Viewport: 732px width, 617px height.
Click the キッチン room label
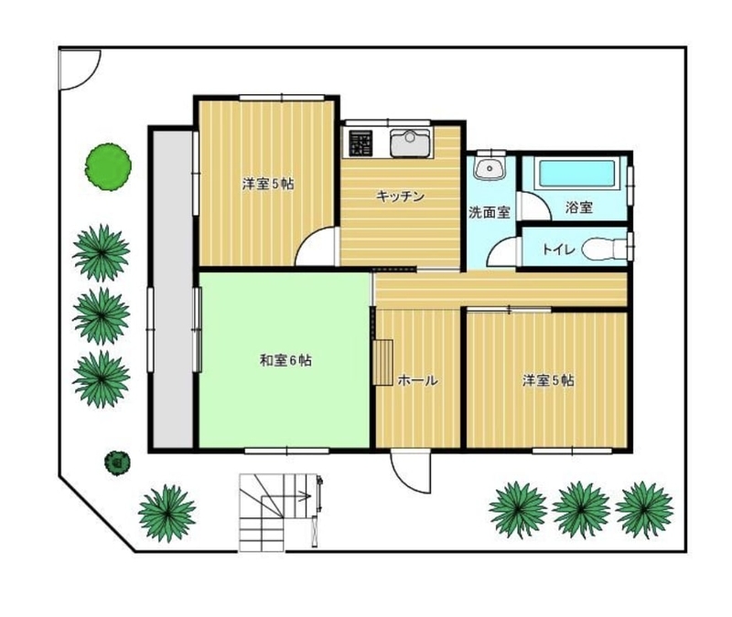click(400, 197)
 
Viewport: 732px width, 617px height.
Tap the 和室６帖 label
click(285, 360)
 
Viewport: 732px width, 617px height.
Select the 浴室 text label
click(579, 207)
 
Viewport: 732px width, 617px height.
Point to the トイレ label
click(558, 250)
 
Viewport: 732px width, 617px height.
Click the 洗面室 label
click(489, 213)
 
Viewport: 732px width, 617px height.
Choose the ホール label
click(417, 380)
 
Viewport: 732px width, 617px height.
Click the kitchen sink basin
click(410, 144)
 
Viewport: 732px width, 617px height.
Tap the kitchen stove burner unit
click(361, 144)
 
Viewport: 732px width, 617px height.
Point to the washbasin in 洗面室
click(490, 167)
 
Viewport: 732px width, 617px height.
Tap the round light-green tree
click(108, 167)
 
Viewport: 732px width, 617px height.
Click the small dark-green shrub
click(117, 463)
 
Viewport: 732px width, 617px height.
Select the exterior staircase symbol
click(280, 513)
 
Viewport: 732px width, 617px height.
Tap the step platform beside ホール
click(382, 363)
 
